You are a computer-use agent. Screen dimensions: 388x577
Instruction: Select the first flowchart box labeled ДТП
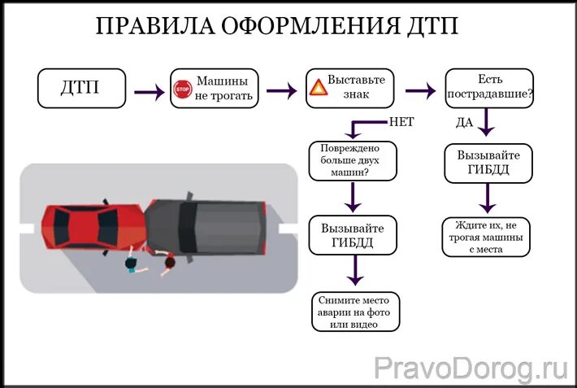(81, 88)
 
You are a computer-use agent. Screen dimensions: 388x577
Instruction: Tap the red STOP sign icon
(182, 89)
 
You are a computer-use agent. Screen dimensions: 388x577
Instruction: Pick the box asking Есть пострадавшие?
(489, 87)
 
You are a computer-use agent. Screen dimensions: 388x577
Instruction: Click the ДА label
(464, 122)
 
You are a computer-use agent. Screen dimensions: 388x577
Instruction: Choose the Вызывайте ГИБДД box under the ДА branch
(488, 163)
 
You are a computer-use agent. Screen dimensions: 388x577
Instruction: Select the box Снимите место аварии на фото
(356, 312)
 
